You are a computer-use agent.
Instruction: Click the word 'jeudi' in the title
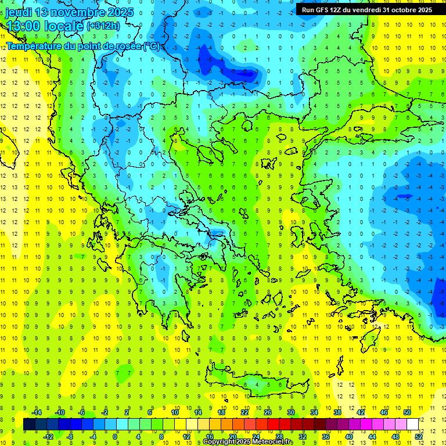coord(18,12)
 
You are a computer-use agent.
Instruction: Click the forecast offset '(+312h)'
coord(103,26)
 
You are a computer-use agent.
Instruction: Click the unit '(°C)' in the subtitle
coord(152,45)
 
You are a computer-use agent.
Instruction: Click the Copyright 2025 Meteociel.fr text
coord(247,442)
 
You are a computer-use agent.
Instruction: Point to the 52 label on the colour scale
coord(419,437)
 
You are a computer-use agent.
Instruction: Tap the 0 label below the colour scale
coord(115,437)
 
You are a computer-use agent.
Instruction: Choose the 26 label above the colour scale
coord(268,412)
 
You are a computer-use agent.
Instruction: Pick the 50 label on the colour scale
coord(407,412)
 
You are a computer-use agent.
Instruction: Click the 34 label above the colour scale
coord(314,412)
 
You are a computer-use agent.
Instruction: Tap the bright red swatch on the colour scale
coord(274,425)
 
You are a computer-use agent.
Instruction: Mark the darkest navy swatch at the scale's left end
coord(29,425)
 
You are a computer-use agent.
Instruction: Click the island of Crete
coord(256,384)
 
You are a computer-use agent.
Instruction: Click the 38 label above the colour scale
coord(337,412)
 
